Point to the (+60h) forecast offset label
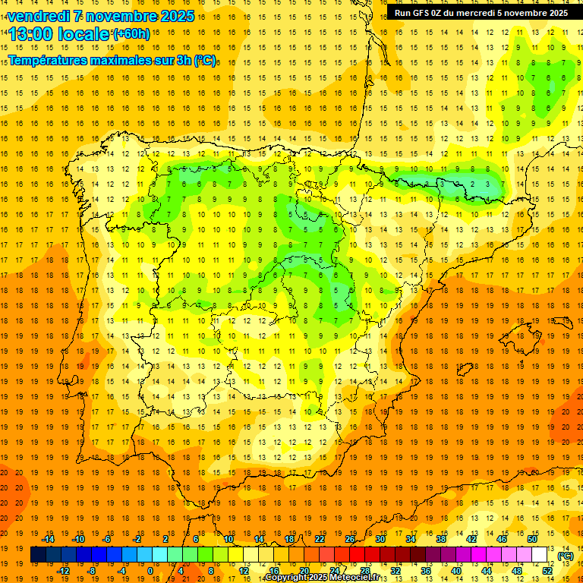coord(131,34)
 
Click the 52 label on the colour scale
coord(547,571)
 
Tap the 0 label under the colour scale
coord(150,571)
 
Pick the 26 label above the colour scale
coord(350,539)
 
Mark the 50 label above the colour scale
coord(532,539)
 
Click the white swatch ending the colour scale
coord(540,555)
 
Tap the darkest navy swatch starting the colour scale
coord(38,555)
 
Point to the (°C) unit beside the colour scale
coord(565,555)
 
